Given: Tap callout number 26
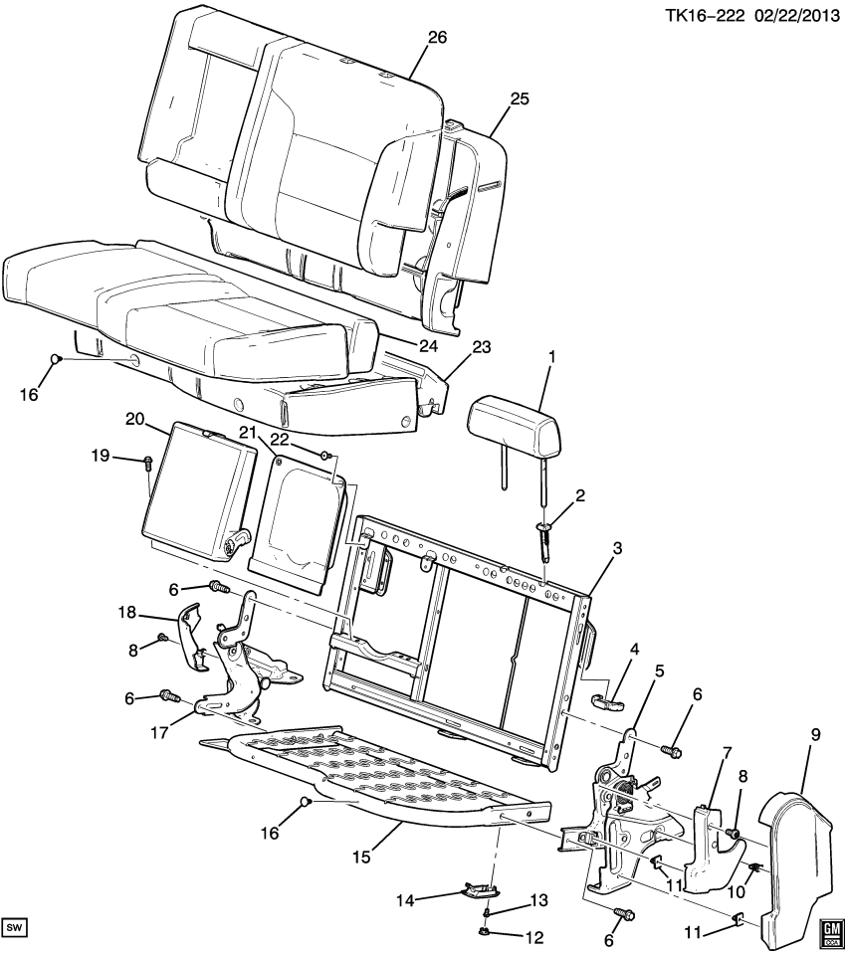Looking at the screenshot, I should click(x=437, y=38).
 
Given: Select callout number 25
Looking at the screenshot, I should click(x=520, y=98).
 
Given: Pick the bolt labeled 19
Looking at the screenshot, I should click(x=146, y=461).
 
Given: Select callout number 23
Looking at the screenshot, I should click(x=482, y=348).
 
